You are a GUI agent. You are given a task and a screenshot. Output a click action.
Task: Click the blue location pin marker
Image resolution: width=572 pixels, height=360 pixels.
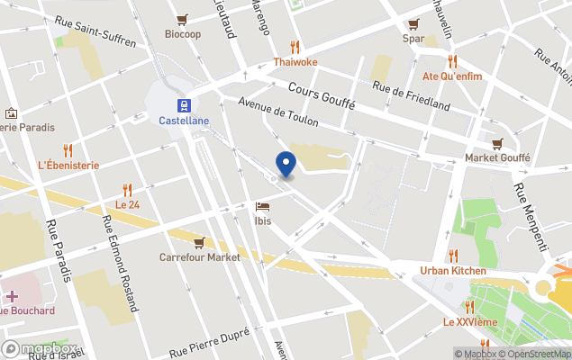click(286, 165)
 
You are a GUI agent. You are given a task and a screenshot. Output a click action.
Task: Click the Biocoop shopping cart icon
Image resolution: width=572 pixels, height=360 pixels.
click(182, 20)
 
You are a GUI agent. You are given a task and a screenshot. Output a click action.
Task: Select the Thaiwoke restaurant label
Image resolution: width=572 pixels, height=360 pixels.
click(295, 62)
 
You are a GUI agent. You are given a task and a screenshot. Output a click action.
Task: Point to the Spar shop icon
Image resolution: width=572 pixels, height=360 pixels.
click(413, 24)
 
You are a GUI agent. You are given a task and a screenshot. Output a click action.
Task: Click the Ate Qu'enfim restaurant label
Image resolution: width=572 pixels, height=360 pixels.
click(452, 76)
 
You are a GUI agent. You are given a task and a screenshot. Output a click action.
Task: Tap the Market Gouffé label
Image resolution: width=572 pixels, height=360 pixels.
click(497, 157)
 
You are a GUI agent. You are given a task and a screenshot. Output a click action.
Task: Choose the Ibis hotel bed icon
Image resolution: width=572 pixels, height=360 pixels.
click(263, 206)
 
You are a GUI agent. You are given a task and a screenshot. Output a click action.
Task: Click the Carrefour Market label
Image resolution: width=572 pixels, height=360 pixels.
click(200, 256)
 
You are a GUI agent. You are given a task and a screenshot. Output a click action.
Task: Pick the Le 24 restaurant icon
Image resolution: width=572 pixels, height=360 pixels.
click(127, 190)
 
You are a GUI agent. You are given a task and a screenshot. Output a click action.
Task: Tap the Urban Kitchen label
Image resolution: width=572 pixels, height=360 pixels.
click(453, 270)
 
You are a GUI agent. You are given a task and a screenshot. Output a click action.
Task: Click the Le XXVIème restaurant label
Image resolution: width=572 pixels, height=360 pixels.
click(468, 321)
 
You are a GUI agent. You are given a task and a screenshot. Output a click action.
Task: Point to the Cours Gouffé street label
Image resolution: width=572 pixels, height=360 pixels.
click(322, 94)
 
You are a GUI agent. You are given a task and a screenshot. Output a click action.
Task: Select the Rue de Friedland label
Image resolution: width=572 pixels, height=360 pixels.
click(412, 95)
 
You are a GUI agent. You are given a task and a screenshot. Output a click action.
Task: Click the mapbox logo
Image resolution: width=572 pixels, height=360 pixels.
click(39, 348)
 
